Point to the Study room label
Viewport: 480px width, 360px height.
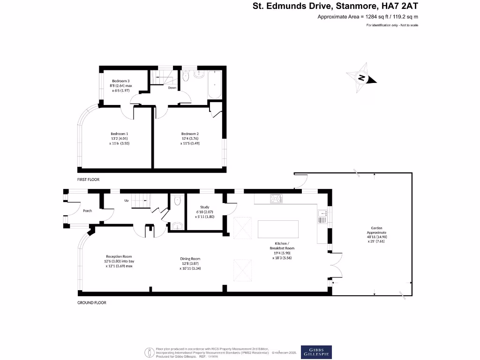pos(204,207)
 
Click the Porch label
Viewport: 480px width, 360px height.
pos(87,211)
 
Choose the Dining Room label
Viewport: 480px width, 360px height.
pos(190,259)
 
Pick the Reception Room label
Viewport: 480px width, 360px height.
pos(119,256)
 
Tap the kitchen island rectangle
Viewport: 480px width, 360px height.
pos(278,230)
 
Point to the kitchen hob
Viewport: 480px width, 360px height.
pos(276,199)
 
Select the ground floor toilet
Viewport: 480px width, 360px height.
pos(177,201)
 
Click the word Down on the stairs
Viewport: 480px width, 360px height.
pos(172,88)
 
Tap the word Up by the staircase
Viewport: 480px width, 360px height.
pos(126,201)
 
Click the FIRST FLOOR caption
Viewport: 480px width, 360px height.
pos(89,180)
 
